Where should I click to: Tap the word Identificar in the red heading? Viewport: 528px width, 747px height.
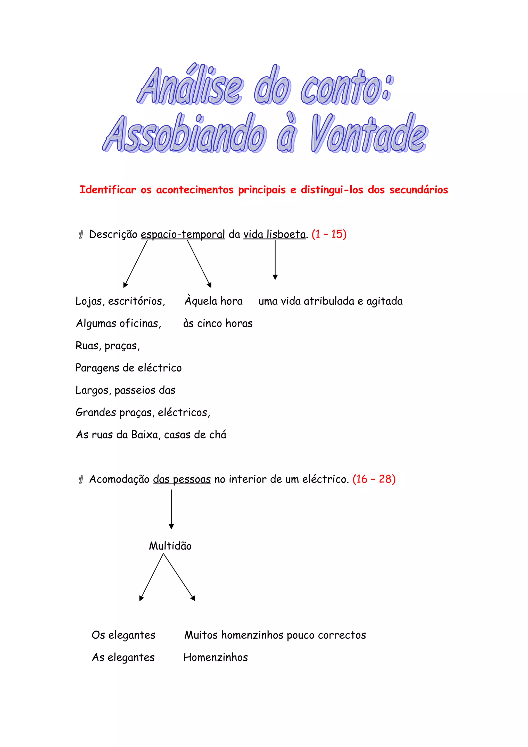(x=108, y=190)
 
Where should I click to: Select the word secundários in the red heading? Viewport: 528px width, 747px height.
(x=419, y=190)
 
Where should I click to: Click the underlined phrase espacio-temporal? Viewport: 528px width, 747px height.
(x=183, y=234)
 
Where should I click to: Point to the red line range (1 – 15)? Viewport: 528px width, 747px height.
(x=329, y=234)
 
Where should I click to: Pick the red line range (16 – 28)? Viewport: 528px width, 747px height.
(x=374, y=479)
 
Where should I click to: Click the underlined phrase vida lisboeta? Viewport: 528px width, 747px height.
(x=275, y=234)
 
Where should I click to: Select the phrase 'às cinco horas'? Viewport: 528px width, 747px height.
(x=218, y=323)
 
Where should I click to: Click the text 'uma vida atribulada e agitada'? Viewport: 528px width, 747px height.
(x=330, y=301)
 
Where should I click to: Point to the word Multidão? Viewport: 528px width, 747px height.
(x=170, y=546)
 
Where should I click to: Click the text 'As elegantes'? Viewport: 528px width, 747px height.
(x=123, y=657)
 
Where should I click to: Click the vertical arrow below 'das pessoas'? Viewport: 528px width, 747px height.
(x=171, y=509)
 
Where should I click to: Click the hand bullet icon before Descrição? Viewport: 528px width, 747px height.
(x=81, y=234)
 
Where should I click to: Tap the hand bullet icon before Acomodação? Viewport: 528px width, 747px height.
(x=81, y=479)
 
